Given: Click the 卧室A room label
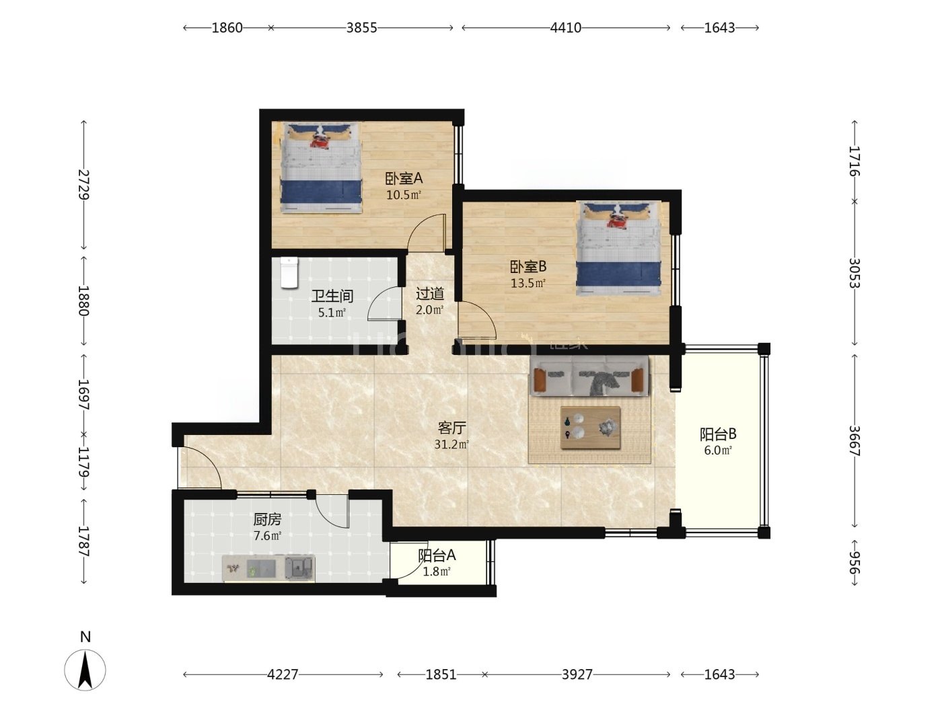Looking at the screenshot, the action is (404, 178).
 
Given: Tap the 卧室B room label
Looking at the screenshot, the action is (528, 267).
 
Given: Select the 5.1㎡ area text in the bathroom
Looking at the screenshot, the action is (332, 313).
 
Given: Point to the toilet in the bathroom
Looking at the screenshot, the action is (289, 272).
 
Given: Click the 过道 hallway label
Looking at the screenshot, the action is (429, 294).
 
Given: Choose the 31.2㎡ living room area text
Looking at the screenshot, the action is (451, 444).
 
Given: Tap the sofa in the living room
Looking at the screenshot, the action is (590, 375).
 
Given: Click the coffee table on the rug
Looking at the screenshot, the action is (591, 428).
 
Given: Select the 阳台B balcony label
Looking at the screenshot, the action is (718, 434).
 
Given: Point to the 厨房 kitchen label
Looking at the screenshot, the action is (267, 520).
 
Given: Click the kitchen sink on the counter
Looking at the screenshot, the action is (299, 568).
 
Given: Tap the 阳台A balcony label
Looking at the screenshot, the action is (437, 555).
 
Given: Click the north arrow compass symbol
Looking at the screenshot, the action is (85, 670).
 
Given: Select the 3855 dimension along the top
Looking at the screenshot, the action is (361, 28).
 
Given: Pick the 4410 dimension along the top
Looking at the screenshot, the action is (566, 28).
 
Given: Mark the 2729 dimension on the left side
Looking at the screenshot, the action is (83, 185).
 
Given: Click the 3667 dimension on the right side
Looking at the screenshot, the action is (855, 440).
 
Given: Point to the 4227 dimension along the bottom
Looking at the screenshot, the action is (283, 674).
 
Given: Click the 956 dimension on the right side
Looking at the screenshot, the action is (855, 562).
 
